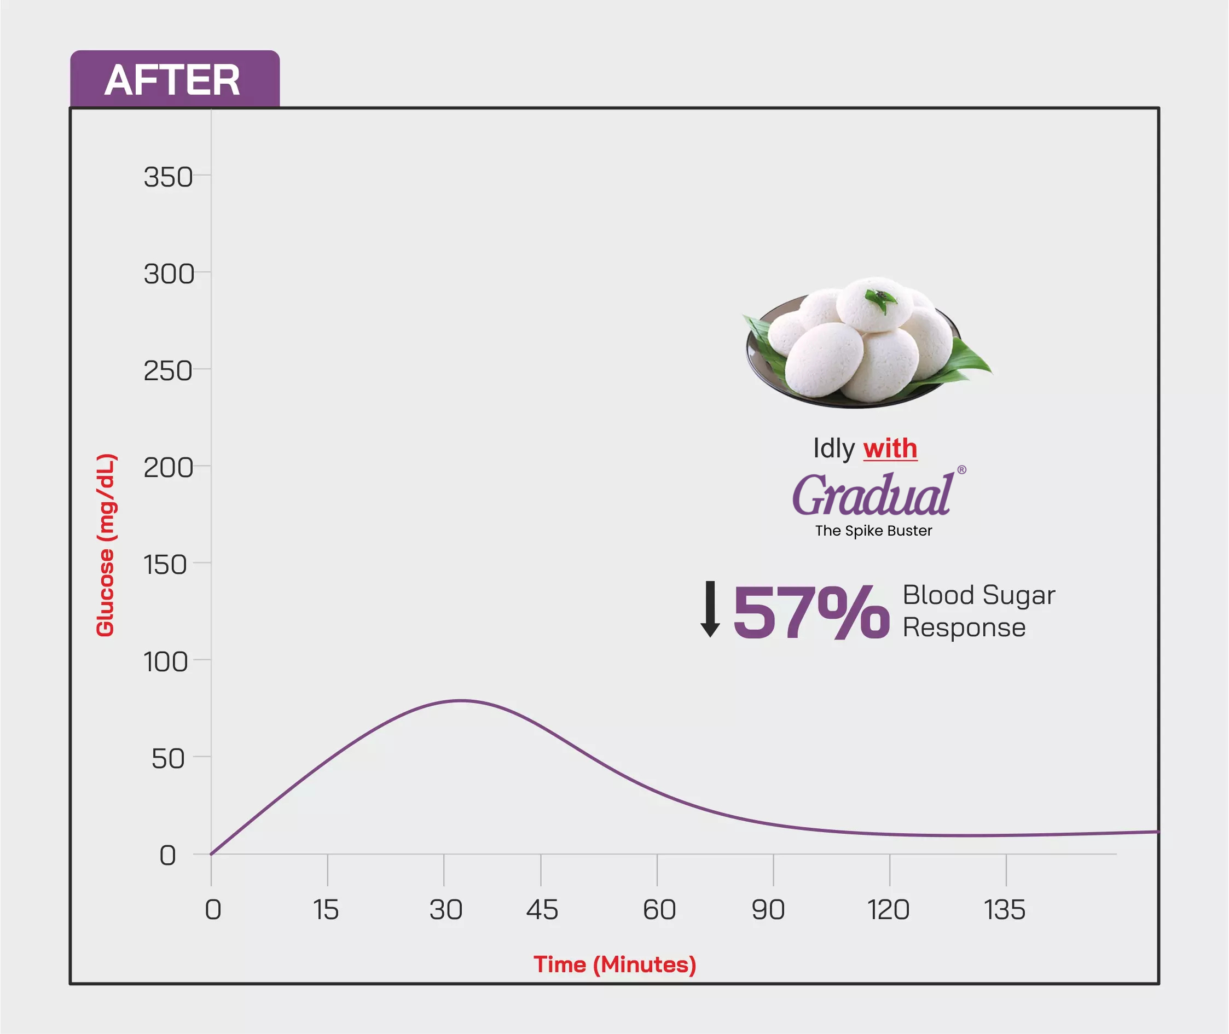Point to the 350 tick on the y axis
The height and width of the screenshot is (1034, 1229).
click(x=169, y=177)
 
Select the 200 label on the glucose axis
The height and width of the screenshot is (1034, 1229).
click(x=169, y=468)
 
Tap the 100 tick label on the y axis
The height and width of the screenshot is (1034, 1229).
click(x=166, y=662)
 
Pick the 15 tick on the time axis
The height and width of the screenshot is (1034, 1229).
click(x=326, y=910)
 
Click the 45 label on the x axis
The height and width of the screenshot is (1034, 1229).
click(x=542, y=910)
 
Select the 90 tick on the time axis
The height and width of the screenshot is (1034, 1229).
click(x=768, y=910)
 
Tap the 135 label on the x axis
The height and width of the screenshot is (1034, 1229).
click(x=1005, y=910)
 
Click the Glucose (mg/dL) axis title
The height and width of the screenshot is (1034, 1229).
click(x=106, y=544)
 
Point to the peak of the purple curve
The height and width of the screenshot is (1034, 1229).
click(x=462, y=700)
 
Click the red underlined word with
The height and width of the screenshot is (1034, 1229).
click(x=890, y=449)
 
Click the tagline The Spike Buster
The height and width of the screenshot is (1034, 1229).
click(x=873, y=531)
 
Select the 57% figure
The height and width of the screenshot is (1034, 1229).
click(x=811, y=612)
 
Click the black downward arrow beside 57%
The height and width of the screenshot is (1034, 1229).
click(x=710, y=609)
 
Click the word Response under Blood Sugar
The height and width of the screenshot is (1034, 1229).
click(x=964, y=628)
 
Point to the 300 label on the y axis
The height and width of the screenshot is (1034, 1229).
click(x=169, y=274)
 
